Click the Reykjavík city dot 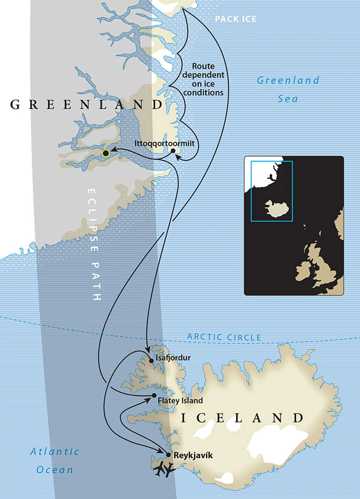point(168,455)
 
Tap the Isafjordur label point(173,357)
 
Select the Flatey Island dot point(154,395)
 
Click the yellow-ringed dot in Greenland point(105,153)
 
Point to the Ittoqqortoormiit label point(165,143)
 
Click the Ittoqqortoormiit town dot point(173,151)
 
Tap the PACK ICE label point(235,19)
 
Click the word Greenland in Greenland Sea point(288,81)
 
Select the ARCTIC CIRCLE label point(224,337)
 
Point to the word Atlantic point(54,452)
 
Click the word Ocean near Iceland point(54,470)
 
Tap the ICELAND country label point(242,418)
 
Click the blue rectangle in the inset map point(272,161)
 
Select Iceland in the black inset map point(276,209)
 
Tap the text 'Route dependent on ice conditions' point(203,79)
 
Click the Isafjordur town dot point(151,361)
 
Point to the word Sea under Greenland point(288,99)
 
